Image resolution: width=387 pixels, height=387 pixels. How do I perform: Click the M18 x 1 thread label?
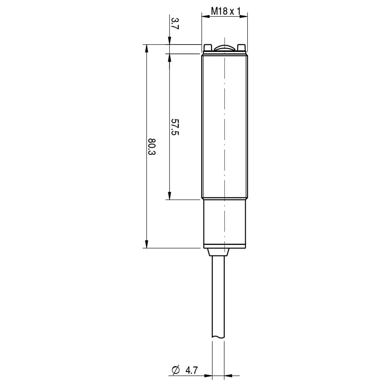tap(226, 11)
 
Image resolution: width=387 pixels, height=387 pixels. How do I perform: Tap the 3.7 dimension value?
tap(175, 24)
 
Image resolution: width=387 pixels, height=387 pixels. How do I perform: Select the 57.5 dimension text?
tap(175, 127)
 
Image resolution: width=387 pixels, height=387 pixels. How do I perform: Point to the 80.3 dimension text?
tap(152, 147)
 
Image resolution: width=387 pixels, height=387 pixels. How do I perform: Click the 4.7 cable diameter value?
tap(192, 370)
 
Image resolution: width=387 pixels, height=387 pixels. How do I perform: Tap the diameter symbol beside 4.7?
tap(175, 370)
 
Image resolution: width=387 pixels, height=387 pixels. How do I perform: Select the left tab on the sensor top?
tap(207, 48)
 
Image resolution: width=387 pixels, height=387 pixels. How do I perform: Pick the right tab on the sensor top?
tap(241, 48)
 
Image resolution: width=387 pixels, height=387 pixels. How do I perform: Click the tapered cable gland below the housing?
tap(218, 252)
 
